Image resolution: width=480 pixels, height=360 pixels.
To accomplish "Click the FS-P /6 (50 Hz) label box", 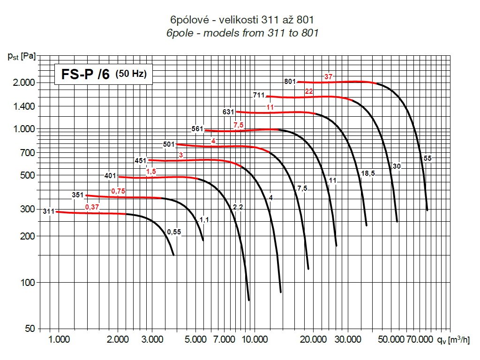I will (104, 74).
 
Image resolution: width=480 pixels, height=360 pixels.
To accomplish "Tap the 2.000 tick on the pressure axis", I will (22, 82).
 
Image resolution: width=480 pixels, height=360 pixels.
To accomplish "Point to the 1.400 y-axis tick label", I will (22, 106).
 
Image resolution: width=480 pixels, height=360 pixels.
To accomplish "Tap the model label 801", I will (290, 81).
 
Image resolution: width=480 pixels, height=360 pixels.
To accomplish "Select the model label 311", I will (49, 211).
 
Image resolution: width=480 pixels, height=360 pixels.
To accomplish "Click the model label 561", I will (197, 129).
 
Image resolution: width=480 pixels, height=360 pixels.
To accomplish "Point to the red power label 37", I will (328, 76).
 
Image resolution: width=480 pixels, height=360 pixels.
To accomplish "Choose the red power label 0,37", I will (92, 207).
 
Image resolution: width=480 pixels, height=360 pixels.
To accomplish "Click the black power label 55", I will (427, 158).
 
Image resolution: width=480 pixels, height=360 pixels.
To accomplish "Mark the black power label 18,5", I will (367, 173).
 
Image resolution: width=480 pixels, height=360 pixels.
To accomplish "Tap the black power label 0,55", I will (173, 232).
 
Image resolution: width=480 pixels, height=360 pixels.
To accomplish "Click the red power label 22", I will (309, 91).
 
